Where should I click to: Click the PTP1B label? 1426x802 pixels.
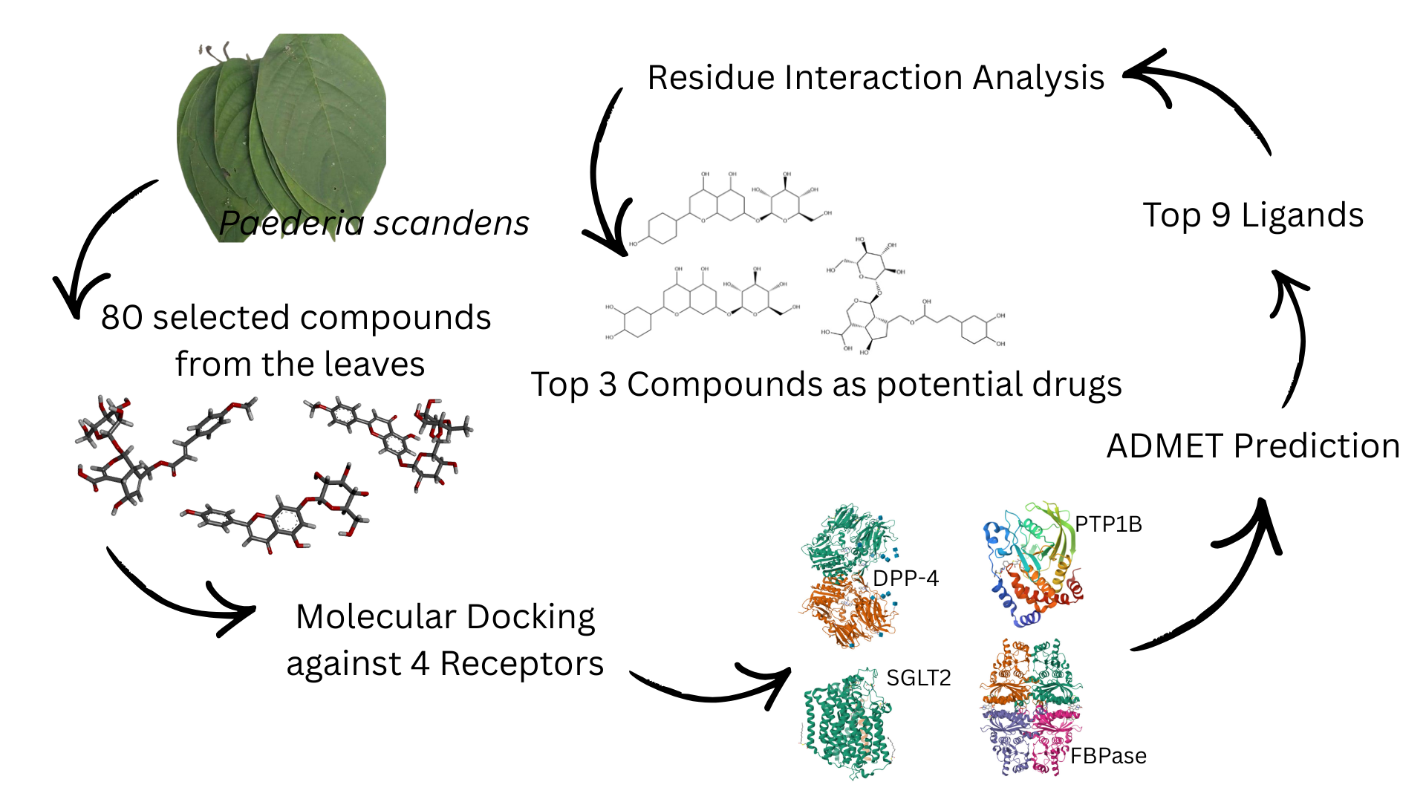[1108, 524]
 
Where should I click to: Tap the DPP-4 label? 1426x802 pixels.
[905, 578]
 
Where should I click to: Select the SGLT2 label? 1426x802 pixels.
[919, 678]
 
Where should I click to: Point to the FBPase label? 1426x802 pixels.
[1108, 756]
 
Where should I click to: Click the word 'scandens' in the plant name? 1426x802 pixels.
[451, 224]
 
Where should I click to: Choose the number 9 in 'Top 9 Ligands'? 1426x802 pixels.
[1221, 215]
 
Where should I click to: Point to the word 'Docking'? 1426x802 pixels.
[530, 617]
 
